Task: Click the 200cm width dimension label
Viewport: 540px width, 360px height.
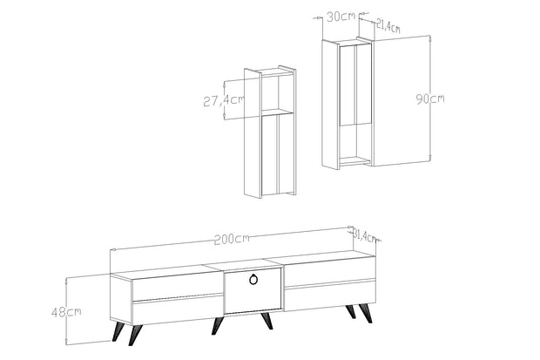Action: tap(232, 239)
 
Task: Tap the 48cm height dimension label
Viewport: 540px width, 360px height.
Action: tap(66, 312)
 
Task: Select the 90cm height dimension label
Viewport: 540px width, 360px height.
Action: tap(430, 99)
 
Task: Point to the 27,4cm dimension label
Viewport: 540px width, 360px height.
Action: tap(224, 100)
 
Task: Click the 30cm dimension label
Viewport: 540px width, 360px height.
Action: tap(341, 17)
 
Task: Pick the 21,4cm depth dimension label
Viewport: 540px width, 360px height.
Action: tap(388, 26)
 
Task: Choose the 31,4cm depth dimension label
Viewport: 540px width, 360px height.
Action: tap(365, 236)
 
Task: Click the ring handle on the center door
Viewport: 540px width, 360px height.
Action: tap(253, 279)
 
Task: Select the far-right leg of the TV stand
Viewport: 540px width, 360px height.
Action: tap(365, 314)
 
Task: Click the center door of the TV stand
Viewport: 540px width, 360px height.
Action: tap(253, 290)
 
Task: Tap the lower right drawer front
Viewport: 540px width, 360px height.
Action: tap(329, 295)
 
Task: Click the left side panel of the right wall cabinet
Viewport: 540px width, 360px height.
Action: tap(331, 105)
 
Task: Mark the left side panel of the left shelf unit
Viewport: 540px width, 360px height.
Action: tap(253, 133)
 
